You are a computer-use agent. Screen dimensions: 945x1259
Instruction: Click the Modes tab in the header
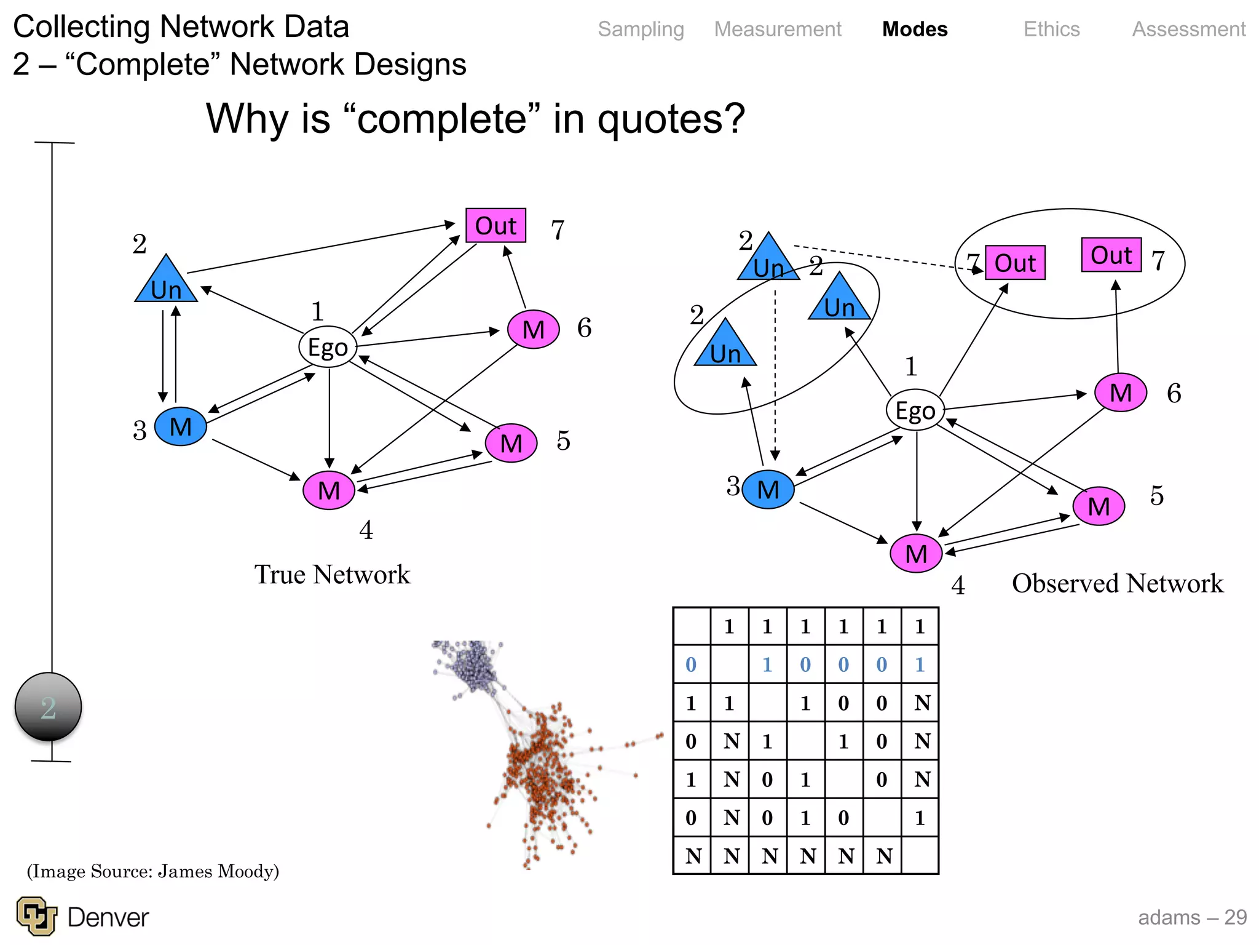(x=914, y=29)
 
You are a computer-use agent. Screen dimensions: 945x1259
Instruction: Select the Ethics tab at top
(x=1051, y=29)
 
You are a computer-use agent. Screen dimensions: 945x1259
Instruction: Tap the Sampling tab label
(x=641, y=29)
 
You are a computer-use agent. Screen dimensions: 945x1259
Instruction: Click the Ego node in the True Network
(x=328, y=347)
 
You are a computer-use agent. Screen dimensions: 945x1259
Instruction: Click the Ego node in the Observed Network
(x=915, y=410)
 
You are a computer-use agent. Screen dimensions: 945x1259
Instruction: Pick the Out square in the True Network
(x=495, y=226)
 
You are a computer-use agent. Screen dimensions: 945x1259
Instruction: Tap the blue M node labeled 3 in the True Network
(x=180, y=426)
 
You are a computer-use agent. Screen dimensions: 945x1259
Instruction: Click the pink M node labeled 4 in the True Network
(x=329, y=490)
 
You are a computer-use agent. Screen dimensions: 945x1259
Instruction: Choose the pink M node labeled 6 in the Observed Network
(x=1120, y=393)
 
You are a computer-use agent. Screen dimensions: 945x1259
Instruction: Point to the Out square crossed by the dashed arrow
(x=1014, y=263)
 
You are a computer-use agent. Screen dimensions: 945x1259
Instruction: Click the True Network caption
(x=332, y=575)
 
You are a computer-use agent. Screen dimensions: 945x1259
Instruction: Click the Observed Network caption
(x=1117, y=583)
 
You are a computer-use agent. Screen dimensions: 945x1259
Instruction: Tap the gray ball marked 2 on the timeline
(x=48, y=707)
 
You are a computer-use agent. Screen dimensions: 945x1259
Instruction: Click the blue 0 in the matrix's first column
(x=691, y=664)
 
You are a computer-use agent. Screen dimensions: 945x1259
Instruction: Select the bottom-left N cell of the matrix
(x=692, y=856)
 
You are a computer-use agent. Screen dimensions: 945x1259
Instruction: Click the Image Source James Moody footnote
(x=152, y=871)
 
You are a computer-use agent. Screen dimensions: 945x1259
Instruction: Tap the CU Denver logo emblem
(x=36, y=916)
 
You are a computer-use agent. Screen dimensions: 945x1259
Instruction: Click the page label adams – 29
(x=1191, y=917)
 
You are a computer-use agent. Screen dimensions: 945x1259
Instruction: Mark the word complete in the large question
(x=441, y=119)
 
